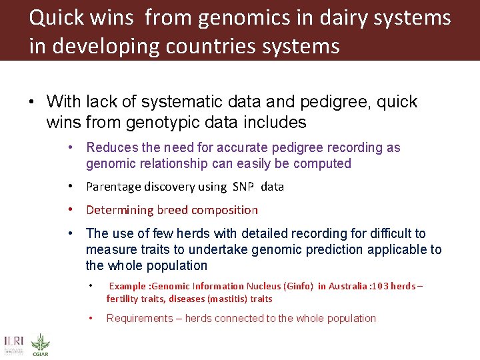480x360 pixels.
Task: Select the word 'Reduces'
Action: click(x=111, y=147)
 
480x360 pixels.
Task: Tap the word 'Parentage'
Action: click(x=114, y=187)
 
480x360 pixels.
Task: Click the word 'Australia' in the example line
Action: click(x=347, y=286)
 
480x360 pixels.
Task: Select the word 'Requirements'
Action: click(x=138, y=318)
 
